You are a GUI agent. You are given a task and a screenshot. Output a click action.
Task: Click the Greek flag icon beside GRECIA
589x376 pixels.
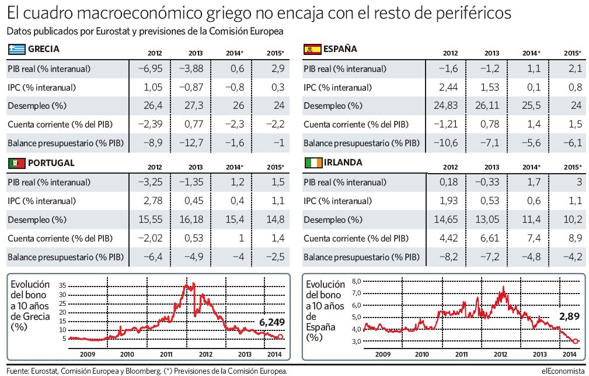(x=16, y=50)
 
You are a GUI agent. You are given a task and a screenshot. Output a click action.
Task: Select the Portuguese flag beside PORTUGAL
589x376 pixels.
(x=16, y=163)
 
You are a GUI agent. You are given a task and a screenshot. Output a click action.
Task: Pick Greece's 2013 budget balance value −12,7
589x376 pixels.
(x=191, y=143)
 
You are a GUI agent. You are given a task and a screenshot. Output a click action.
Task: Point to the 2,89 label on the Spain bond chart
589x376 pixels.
(x=569, y=316)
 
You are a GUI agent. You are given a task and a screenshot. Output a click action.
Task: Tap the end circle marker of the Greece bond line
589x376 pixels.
(x=281, y=337)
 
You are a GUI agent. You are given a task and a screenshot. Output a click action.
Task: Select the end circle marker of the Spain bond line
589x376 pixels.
(x=576, y=341)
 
